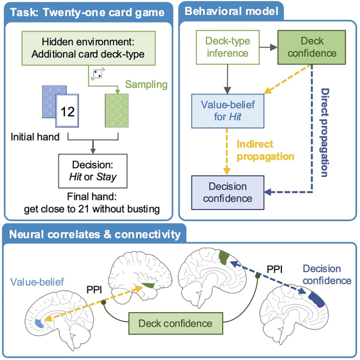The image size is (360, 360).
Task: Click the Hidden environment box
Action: click(88, 48)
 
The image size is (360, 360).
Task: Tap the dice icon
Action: click(98, 74)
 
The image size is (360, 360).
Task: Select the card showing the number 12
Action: click(67, 111)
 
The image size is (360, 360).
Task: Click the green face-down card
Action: click(117, 111)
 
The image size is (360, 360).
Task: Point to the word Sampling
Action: click(146, 85)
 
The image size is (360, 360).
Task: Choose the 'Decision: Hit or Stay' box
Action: click(93, 171)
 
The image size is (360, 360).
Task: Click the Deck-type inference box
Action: click(228, 47)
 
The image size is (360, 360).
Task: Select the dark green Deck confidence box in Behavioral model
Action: click(312, 47)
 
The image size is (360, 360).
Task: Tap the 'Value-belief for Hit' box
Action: click(228, 111)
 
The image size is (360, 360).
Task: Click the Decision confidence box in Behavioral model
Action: click(228, 192)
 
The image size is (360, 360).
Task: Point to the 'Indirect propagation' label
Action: click(266, 150)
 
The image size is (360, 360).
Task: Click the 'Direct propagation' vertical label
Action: click(324, 132)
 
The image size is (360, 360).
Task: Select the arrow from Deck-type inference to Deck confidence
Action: click(268, 47)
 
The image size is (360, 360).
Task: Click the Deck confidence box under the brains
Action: click(176, 323)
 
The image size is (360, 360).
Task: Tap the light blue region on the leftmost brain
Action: click(39, 323)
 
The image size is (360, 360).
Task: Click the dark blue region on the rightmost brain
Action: click(317, 299)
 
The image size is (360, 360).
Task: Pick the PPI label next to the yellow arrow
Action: click(94, 290)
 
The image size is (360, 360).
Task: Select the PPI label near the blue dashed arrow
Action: click(274, 269)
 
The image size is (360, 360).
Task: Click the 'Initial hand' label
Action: click(35, 137)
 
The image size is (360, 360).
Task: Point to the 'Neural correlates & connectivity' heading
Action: click(95, 235)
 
